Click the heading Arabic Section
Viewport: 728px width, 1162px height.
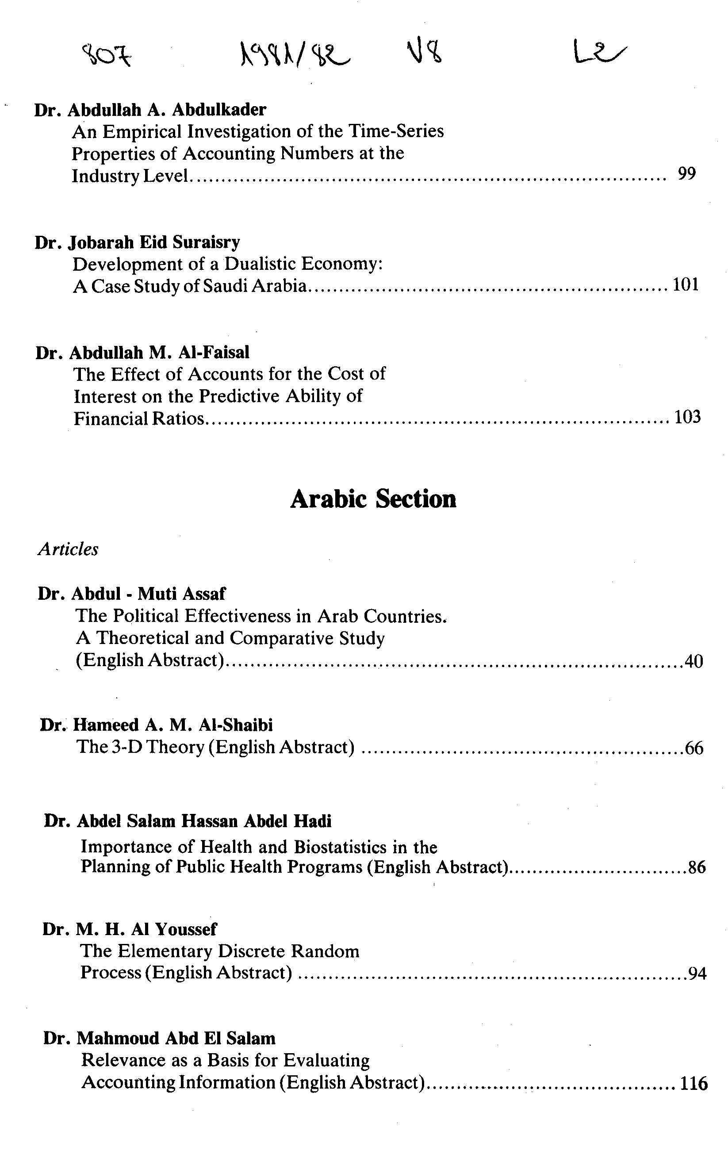373,499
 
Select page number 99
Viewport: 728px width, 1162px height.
686,173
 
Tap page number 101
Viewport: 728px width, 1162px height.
686,284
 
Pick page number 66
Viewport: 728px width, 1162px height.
694,748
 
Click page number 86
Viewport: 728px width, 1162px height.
697,868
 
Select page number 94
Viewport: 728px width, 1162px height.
697,974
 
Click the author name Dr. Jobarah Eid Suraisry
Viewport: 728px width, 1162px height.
137,242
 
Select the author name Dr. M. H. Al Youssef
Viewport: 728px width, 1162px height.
130,929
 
